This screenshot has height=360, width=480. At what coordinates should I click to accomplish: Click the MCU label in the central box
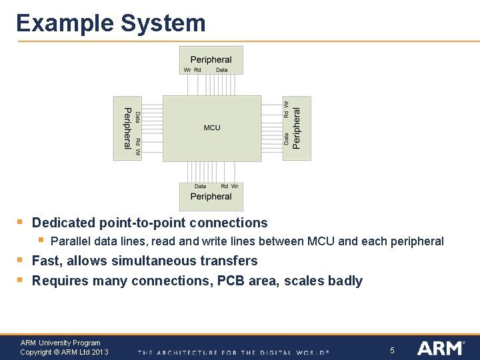212,128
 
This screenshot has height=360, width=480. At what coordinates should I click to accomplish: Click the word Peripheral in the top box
211,59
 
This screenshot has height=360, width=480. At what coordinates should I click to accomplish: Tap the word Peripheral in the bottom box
211,196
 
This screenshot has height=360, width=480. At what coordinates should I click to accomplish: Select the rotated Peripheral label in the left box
127,128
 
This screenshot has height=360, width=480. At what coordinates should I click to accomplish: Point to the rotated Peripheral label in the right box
297,128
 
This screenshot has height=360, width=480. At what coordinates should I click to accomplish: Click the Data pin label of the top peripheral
222,70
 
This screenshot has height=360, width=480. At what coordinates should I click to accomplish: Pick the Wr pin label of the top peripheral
187,70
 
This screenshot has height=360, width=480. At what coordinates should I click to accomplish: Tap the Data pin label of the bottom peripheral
200,187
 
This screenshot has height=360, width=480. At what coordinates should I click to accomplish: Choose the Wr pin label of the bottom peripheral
235,187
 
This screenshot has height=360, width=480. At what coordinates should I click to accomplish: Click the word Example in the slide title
64,23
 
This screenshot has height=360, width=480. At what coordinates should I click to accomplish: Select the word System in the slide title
163,23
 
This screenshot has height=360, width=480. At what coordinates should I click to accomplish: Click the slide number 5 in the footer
392,350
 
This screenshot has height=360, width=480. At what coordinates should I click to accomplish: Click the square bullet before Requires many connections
20,280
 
